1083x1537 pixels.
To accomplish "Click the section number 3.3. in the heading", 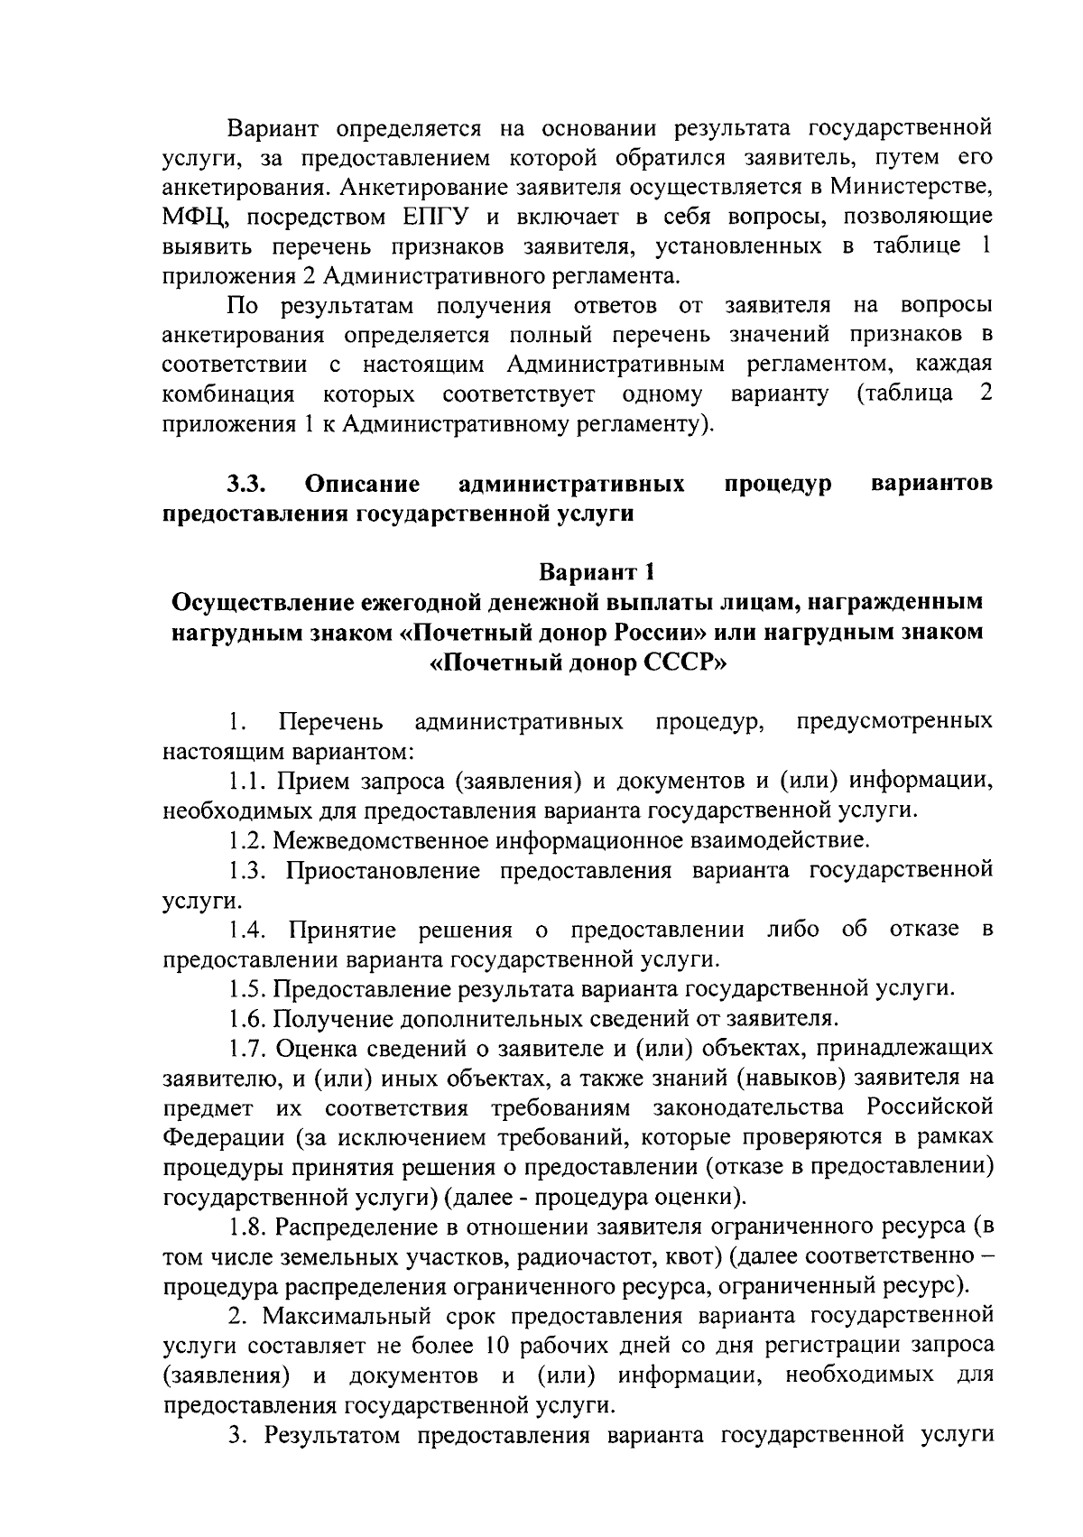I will pyautogui.click(x=245, y=484).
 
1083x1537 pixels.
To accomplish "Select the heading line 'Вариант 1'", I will pyautogui.click(x=583, y=572).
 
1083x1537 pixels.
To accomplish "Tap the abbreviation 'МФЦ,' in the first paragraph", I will pyautogui.click(x=198, y=218).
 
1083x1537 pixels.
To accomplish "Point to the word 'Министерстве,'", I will pyautogui.click(x=912, y=188).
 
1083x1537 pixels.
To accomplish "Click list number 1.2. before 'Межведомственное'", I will pyautogui.click(x=247, y=841).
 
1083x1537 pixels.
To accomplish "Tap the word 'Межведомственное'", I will pyautogui.click(x=380, y=841).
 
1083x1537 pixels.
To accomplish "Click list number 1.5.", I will pyautogui.click(x=247, y=988).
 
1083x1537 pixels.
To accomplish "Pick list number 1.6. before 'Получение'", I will pyautogui.click(x=247, y=1019).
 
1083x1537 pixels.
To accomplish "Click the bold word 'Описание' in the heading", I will pyautogui.click(x=363, y=484).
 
